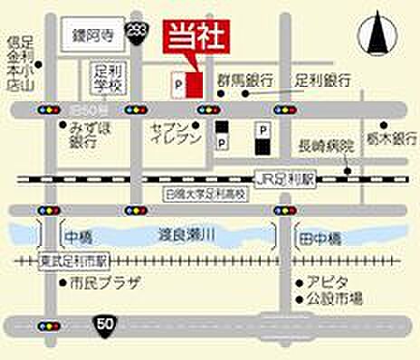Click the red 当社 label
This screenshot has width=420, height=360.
point(192,38)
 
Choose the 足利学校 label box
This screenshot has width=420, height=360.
point(110,78)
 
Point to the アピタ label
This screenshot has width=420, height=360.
point(324,279)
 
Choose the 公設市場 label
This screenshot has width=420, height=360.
point(334,297)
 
